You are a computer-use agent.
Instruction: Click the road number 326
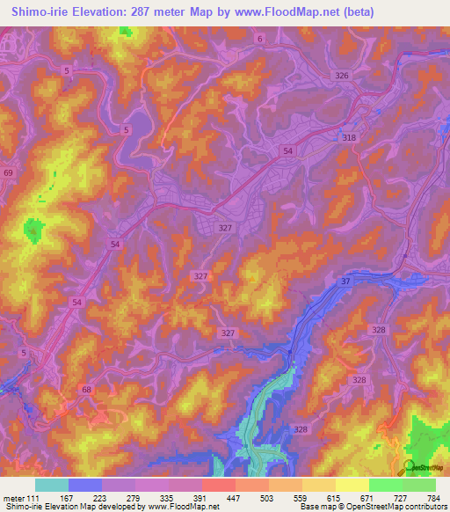tap(342, 76)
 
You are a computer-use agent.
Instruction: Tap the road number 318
tap(349, 137)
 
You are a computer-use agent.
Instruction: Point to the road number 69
tap(8, 174)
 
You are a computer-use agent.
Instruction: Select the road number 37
tap(345, 282)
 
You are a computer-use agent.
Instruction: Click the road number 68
tap(85, 389)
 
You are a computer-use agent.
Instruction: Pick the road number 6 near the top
tap(260, 40)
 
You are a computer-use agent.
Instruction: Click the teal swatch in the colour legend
tap(51, 485)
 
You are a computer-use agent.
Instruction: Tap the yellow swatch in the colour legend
tap(352, 485)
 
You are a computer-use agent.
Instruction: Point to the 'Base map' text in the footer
tap(316, 507)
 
